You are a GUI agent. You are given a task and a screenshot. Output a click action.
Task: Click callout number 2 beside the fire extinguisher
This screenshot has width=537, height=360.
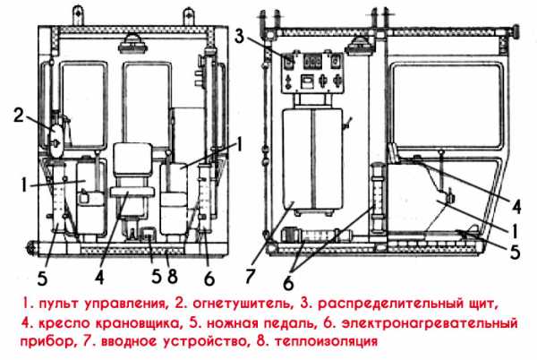pos(19,116)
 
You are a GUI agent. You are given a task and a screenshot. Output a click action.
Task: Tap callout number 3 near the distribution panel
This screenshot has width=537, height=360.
pos(240,37)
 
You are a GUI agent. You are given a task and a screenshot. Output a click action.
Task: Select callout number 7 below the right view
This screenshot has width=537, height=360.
pos(250,276)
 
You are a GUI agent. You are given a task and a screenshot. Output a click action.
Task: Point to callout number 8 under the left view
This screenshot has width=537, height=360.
pos(172,276)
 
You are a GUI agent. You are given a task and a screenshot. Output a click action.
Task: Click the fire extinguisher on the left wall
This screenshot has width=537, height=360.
pos(56,139)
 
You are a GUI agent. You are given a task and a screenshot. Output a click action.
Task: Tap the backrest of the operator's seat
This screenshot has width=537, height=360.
pos(132,158)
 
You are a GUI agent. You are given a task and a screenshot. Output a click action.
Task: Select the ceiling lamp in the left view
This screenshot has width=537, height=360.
pos(132,44)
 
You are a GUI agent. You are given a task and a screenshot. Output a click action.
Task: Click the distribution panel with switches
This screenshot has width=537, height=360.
pos(312,73)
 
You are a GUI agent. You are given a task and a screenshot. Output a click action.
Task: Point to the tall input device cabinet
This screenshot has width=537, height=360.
pos(312,159)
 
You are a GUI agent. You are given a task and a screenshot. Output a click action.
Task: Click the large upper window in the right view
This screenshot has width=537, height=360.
pos(447,105)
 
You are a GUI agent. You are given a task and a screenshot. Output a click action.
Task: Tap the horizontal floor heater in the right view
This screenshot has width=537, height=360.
pos(317,236)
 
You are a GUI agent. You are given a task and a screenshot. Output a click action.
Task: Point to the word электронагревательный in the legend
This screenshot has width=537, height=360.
pos(430,323)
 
